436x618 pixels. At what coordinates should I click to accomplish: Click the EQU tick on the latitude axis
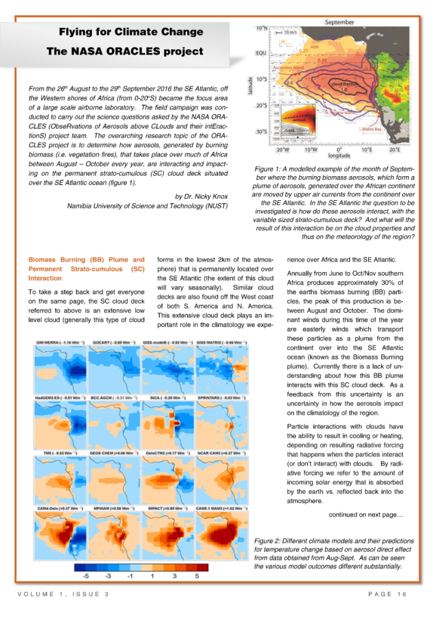point(262,53)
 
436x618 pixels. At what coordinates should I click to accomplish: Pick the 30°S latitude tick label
point(261,132)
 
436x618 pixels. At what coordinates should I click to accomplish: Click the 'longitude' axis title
point(339,156)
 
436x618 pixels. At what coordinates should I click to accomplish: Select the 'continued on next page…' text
point(366,513)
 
